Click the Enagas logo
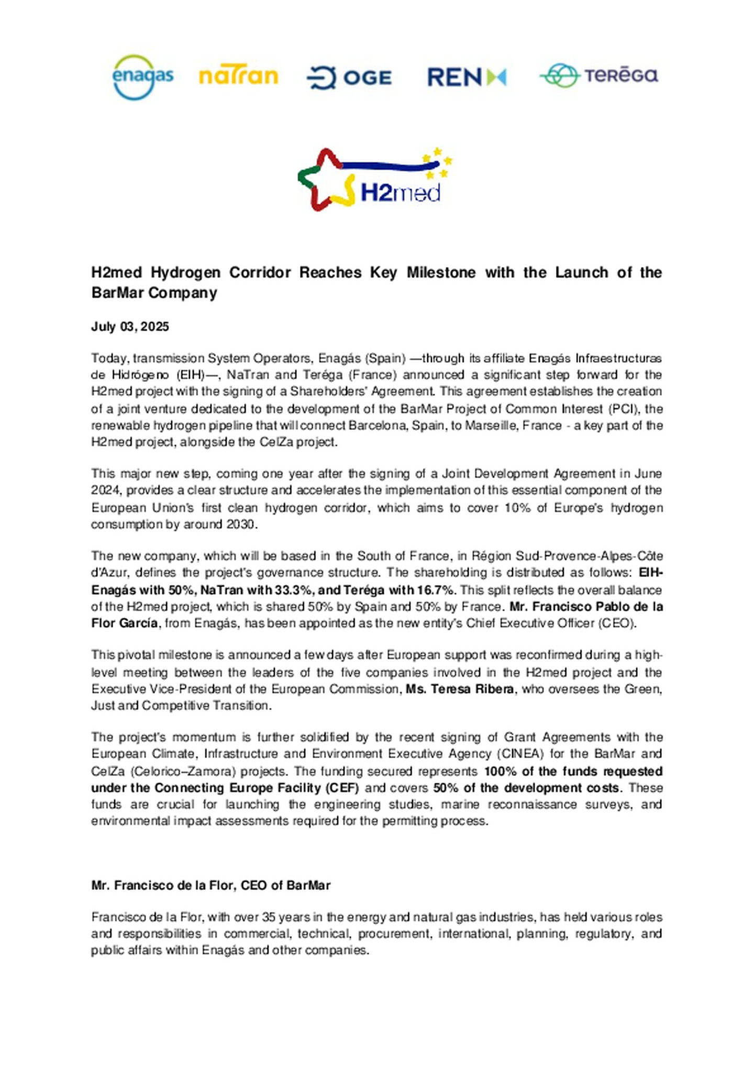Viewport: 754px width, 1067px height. click(142, 77)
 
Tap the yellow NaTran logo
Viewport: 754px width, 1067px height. click(238, 77)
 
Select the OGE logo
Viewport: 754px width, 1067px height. click(349, 77)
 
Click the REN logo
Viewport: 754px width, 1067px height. click(467, 77)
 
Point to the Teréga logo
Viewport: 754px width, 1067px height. click(599, 76)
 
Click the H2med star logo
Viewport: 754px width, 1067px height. click(374, 179)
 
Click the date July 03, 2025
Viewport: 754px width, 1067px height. click(130, 327)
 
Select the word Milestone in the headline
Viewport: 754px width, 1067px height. click(441, 273)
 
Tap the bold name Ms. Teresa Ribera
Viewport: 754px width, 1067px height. click(459, 688)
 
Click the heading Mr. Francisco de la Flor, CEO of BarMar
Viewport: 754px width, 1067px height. click(210, 885)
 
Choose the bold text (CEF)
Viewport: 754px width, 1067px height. click(341, 787)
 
